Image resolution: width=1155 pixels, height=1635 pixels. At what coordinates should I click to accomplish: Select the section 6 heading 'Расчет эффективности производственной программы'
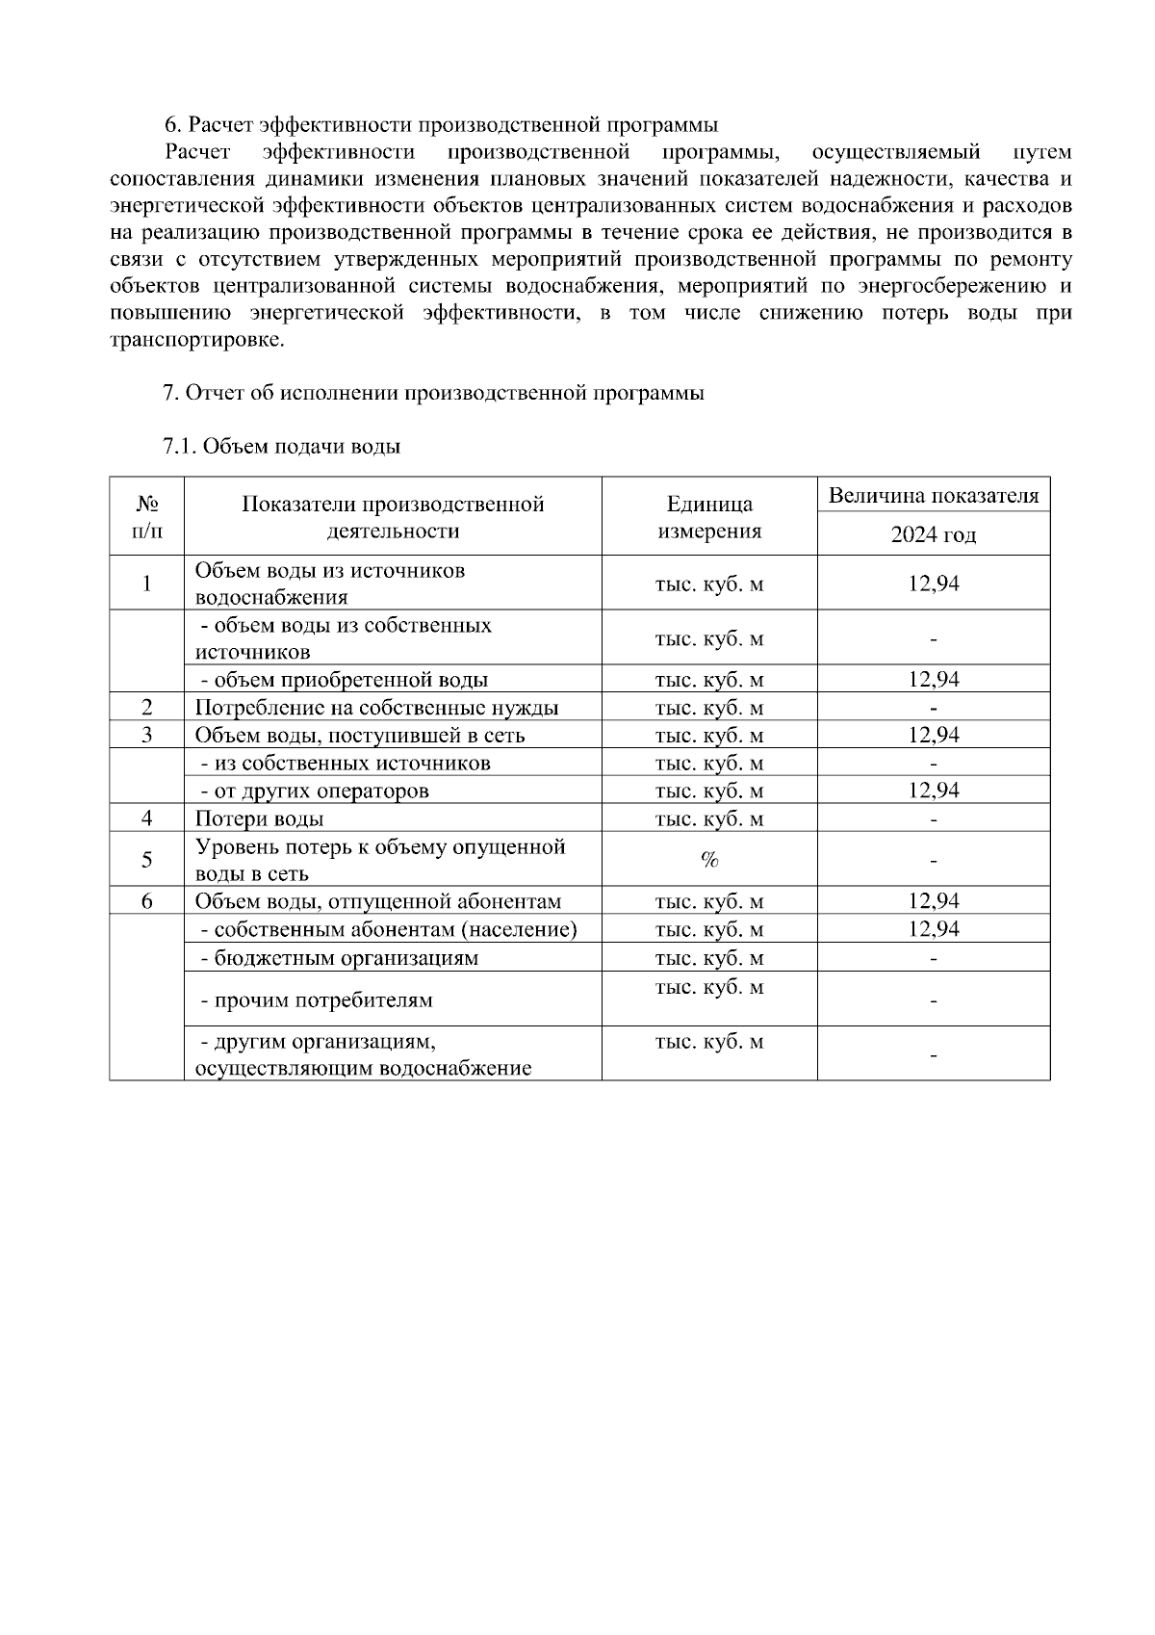[441, 125]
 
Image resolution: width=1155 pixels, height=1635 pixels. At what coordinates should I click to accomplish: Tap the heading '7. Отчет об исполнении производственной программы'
[433, 393]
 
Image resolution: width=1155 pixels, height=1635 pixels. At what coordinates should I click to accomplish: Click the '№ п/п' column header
[146, 517]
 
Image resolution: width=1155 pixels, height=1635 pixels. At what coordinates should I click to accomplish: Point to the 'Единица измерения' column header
[709, 517]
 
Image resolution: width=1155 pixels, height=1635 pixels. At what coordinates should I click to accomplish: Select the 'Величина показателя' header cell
[933, 496]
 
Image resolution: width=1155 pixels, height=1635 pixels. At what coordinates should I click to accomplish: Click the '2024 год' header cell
[933, 534]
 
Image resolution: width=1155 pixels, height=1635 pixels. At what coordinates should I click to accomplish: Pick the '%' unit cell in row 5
[709, 860]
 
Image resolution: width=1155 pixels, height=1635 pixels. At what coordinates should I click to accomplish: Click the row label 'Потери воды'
[260, 819]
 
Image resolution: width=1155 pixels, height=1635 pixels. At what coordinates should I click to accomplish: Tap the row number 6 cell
[146, 901]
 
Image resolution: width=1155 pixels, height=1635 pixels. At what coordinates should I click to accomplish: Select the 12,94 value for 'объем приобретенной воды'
[933, 680]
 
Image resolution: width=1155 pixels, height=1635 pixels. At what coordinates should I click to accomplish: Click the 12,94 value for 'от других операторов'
[933, 791]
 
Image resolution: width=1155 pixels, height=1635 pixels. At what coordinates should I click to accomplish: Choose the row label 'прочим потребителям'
[317, 1000]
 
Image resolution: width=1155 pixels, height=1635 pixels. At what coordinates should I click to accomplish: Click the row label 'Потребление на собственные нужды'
[376, 708]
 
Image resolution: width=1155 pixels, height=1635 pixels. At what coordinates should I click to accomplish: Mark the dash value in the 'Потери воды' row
[933, 820]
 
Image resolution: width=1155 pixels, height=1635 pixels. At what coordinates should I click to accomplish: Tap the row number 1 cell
[146, 584]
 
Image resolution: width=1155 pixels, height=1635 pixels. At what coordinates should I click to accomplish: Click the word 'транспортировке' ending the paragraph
[197, 340]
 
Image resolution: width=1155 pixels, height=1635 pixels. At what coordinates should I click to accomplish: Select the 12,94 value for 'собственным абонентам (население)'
[933, 929]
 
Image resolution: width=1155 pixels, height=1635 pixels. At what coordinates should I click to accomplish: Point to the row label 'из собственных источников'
[346, 764]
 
